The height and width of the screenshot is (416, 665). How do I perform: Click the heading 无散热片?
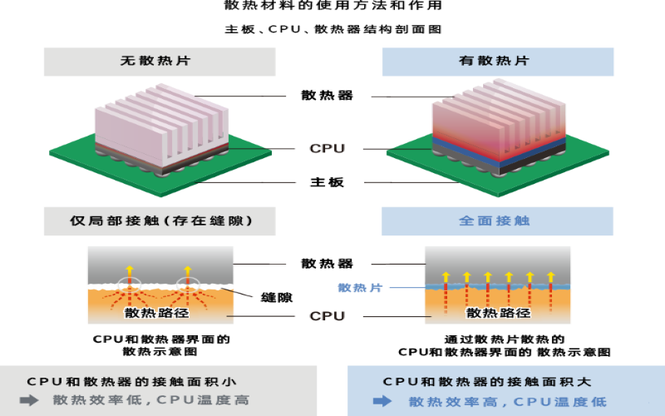point(160,62)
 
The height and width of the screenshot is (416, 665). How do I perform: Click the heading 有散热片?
point(498,62)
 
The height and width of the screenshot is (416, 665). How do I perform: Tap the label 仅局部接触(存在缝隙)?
point(160,221)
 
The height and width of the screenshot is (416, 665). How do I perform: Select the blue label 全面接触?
point(498,221)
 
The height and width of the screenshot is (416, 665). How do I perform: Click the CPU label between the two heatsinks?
point(327,150)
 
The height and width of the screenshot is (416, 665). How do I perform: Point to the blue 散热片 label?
point(360,288)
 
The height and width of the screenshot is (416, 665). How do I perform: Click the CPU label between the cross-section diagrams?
point(327,316)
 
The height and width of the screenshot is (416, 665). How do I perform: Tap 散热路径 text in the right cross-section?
point(498,313)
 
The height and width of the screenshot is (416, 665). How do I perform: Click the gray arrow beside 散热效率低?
point(30,400)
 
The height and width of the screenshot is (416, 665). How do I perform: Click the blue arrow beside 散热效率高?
point(383,401)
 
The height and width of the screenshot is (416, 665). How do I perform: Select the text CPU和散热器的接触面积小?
point(131,382)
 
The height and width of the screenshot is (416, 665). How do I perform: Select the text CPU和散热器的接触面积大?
point(487,382)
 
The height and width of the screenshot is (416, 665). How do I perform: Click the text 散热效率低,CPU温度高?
point(150,400)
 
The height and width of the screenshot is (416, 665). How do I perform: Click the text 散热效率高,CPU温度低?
point(507,401)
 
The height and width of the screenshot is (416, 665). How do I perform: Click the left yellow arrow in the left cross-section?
point(129,271)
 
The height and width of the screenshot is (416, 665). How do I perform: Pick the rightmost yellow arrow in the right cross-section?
point(550,278)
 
